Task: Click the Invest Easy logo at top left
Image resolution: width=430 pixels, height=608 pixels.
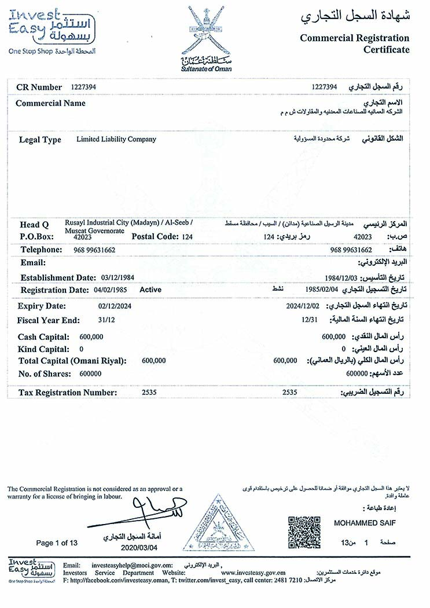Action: [52, 29]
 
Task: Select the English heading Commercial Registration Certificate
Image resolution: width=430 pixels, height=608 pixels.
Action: [354, 43]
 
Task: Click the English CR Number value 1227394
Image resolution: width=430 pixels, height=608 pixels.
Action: [83, 87]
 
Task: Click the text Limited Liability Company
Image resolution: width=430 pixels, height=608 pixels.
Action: [116, 140]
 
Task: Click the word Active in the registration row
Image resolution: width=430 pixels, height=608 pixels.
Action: [150, 290]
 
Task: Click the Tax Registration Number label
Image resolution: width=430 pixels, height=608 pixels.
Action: [68, 393]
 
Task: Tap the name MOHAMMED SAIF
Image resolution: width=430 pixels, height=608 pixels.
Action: [365, 523]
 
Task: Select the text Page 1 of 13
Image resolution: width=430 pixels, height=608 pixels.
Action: [57, 543]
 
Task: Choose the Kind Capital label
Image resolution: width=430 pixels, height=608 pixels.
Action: [44, 349]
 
